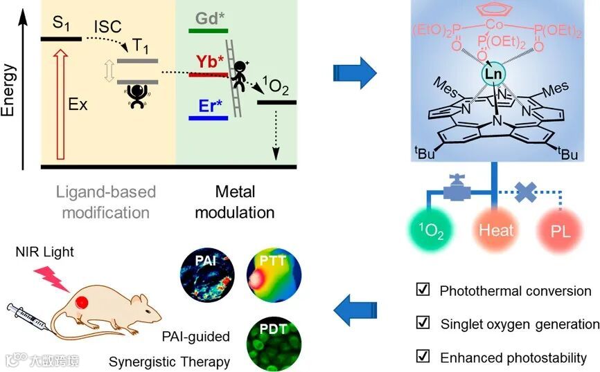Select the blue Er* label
[x=208, y=106]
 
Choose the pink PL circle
[x=561, y=229]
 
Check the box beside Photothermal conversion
[x=423, y=290]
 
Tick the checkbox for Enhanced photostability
[x=423, y=357]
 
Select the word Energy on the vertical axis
[x=9, y=90]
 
